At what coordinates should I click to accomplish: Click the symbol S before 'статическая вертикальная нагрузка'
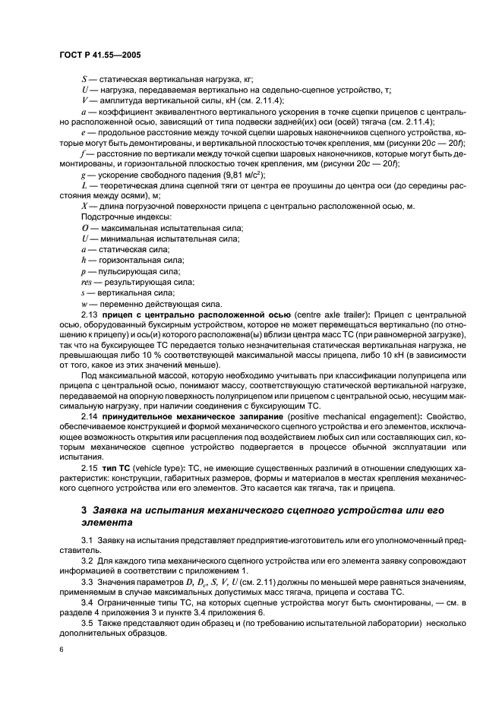(x=84, y=79)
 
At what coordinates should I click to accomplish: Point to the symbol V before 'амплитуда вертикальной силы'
(x=84, y=100)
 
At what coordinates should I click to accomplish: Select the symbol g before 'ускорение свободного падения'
(x=84, y=174)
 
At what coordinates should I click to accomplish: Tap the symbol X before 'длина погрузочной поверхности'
(x=84, y=207)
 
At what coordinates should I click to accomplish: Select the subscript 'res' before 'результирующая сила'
(x=87, y=280)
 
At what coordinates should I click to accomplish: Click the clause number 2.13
(x=90, y=313)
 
